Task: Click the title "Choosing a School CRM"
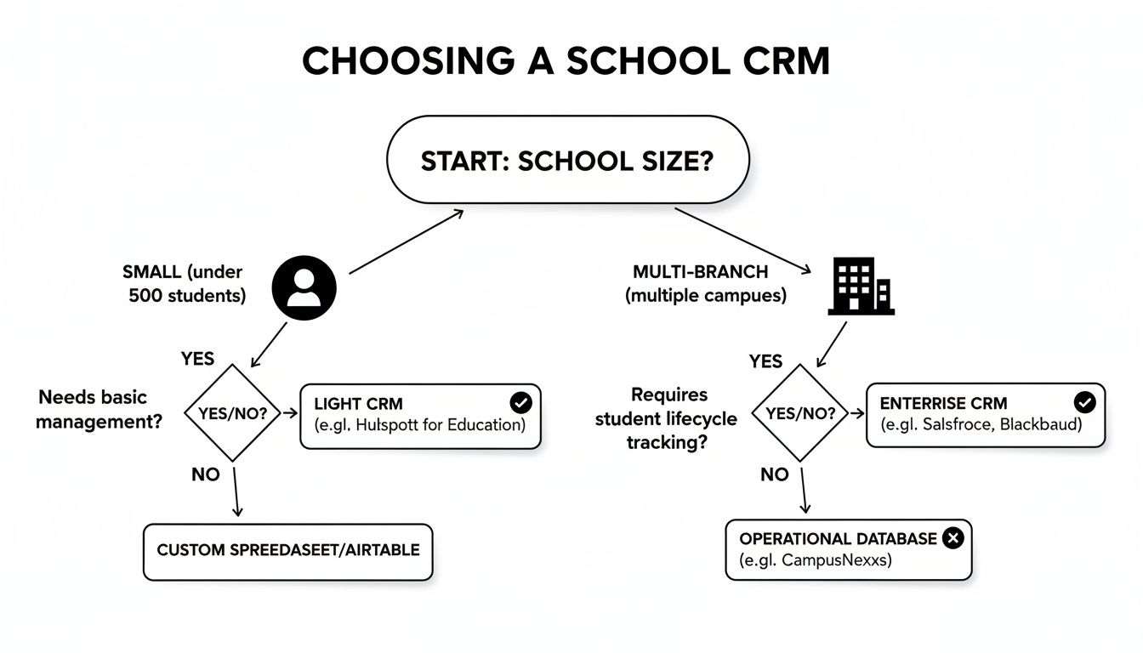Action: pyautogui.click(x=566, y=61)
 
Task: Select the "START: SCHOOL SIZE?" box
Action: pyautogui.click(x=567, y=162)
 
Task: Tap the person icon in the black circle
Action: pyautogui.click(x=304, y=288)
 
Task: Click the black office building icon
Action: pyautogui.click(x=861, y=287)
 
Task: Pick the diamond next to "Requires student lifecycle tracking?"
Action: pyautogui.click(x=800, y=414)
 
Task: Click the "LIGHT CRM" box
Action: pyautogui.click(x=420, y=415)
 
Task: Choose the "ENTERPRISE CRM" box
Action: pyautogui.click(x=985, y=414)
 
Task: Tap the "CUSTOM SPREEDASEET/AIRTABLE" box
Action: pyautogui.click(x=287, y=551)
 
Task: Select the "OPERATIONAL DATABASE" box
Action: pyautogui.click(x=848, y=550)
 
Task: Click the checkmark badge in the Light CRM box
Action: pyautogui.click(x=519, y=403)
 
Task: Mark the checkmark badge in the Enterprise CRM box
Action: pyautogui.click(x=1084, y=402)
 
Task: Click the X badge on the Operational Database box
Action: pyautogui.click(x=953, y=538)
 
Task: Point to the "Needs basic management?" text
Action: pyautogui.click(x=101, y=409)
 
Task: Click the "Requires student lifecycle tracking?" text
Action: pyautogui.click(x=666, y=418)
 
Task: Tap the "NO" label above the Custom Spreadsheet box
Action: pyautogui.click(x=205, y=474)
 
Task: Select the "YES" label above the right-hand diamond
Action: pyautogui.click(x=765, y=361)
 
